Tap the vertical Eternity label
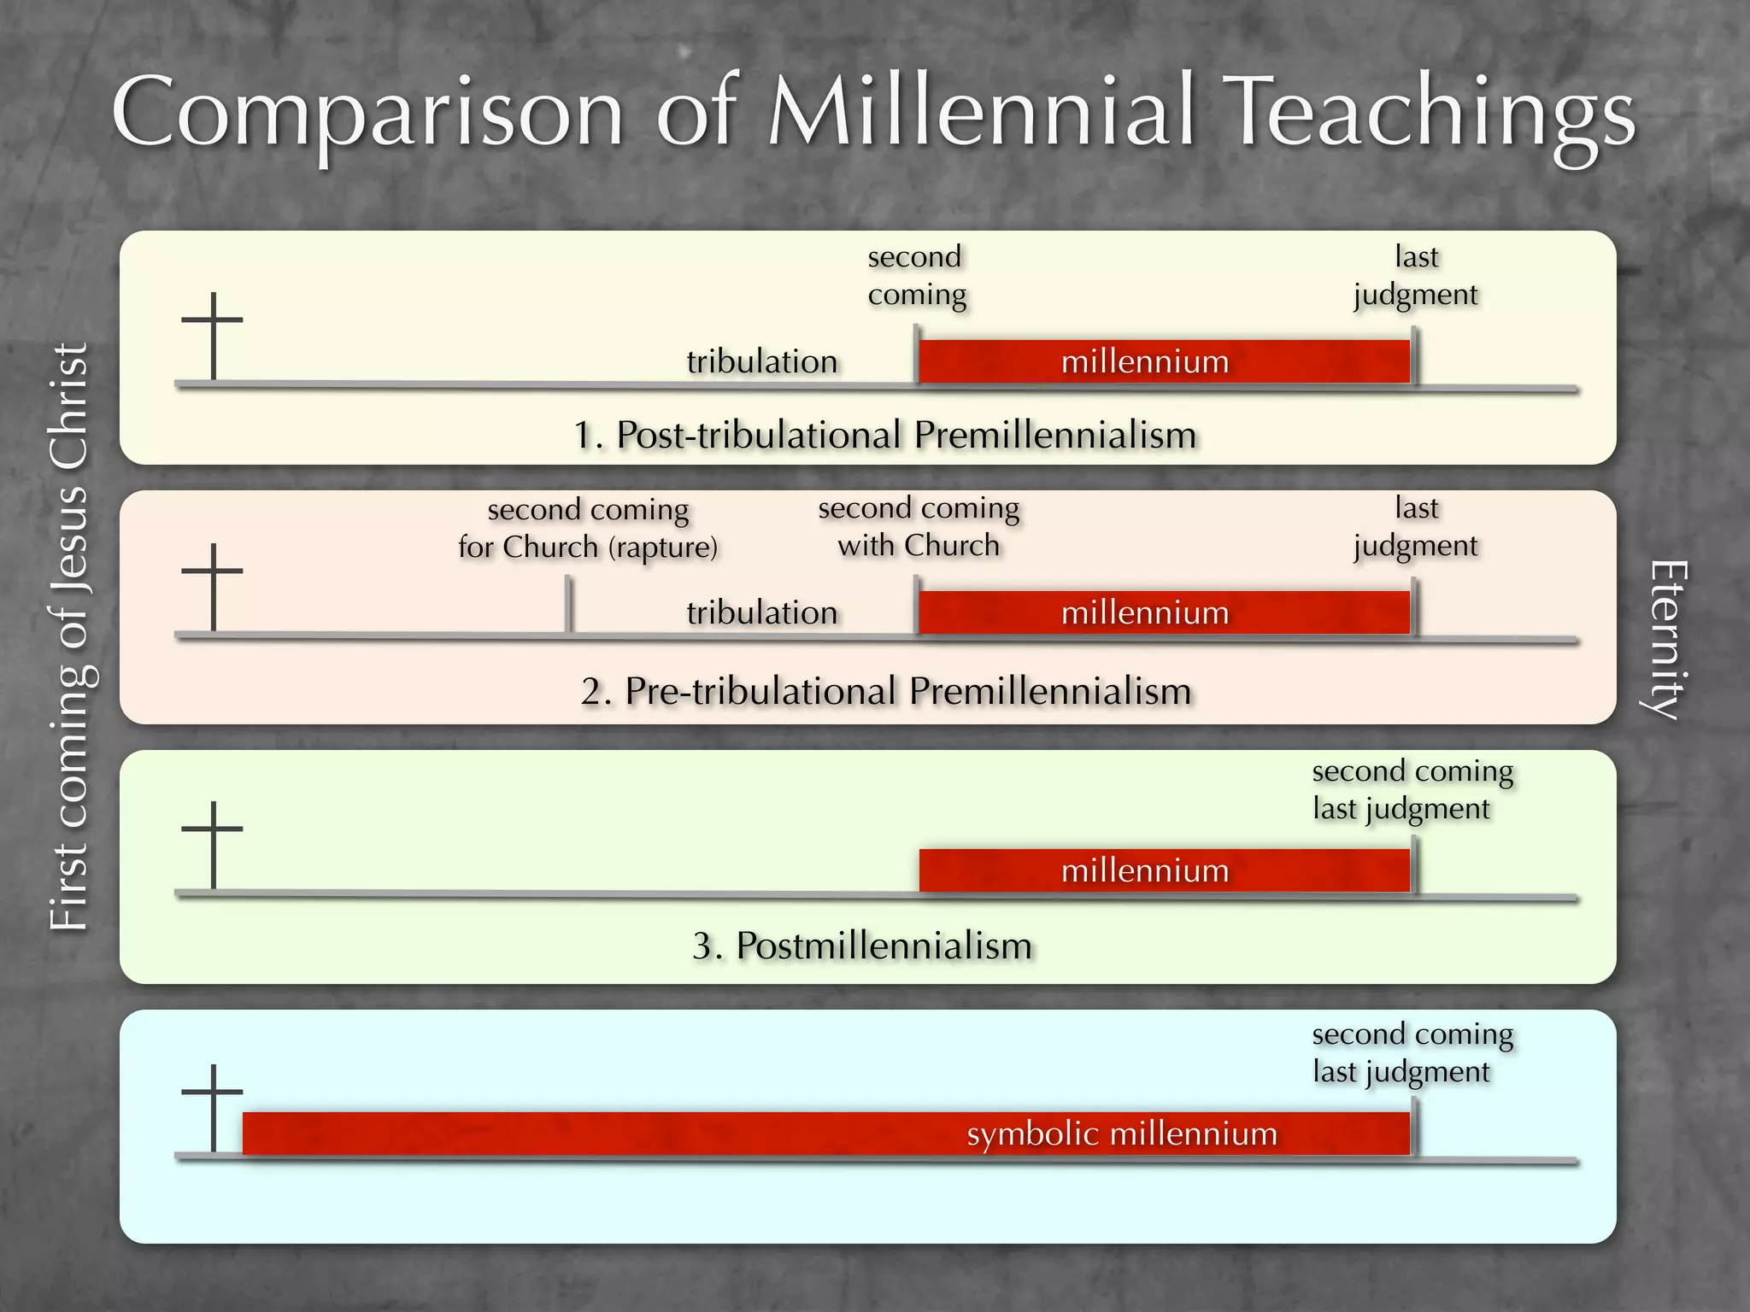point(1666,641)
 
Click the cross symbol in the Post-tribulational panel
point(213,335)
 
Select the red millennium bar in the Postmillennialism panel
point(1164,870)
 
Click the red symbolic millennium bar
point(825,1133)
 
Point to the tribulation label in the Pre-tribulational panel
point(761,612)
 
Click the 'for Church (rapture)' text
point(588,547)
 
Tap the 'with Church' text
point(919,545)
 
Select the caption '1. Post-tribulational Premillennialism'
point(884,435)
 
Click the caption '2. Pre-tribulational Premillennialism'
point(886,691)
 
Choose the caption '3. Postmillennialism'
point(862,946)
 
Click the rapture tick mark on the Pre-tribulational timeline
point(568,605)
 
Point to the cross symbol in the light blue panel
point(213,1108)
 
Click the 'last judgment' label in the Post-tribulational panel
point(1416,275)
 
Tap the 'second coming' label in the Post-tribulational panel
point(917,275)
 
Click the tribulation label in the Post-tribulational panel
point(761,361)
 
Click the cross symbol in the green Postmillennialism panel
point(213,845)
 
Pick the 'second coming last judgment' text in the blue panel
point(1412,1052)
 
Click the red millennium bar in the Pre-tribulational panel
point(1164,612)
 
